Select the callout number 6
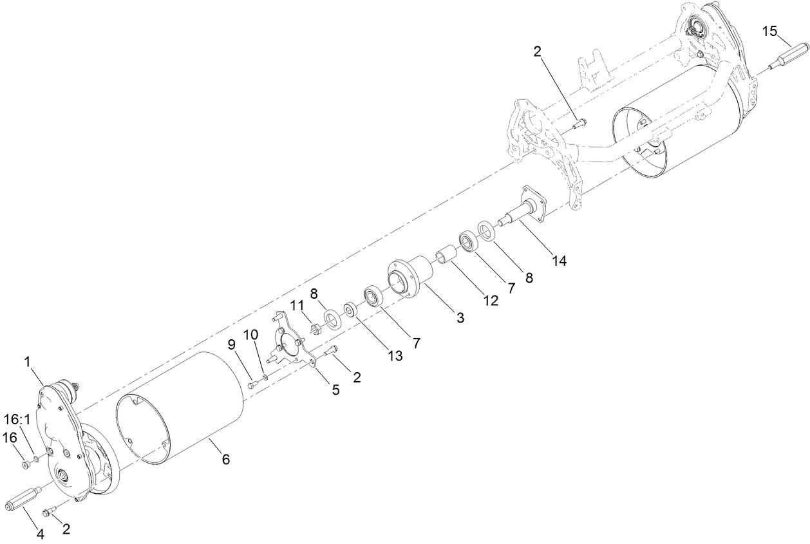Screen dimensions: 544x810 tap(225, 459)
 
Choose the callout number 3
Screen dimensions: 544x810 tap(460, 317)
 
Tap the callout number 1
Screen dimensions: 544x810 tap(28, 362)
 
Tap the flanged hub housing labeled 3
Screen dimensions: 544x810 tap(410, 277)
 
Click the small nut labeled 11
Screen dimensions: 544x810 tap(316, 330)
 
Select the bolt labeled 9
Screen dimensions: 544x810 tap(252, 385)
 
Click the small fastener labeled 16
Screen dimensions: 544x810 tap(24, 465)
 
